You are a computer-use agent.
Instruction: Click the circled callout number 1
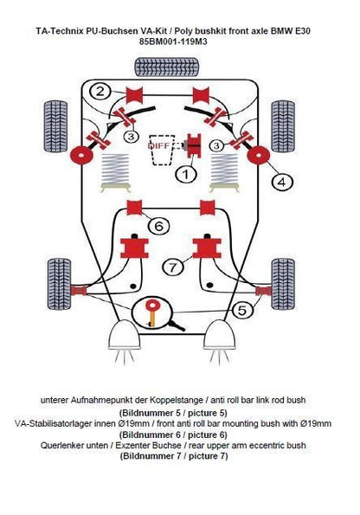(184, 175)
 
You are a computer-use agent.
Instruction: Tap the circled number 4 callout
(281, 181)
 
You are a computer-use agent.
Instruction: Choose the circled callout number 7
(174, 266)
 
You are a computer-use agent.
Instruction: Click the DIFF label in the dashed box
(161, 145)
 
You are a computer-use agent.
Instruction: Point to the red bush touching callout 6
(134, 209)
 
